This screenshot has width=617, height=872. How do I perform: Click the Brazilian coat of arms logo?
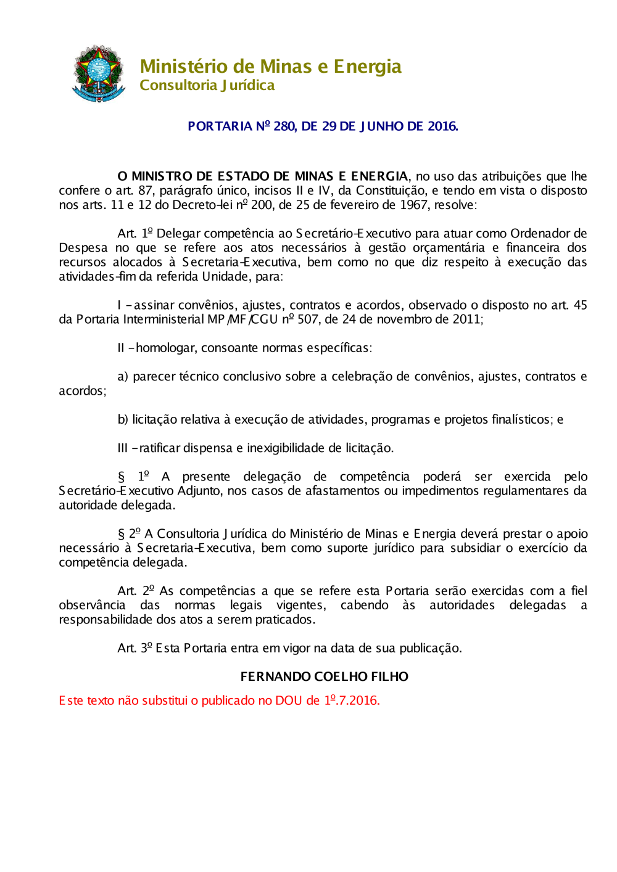pyautogui.click(x=99, y=73)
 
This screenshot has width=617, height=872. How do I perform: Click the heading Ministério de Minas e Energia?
pyautogui.click(x=270, y=66)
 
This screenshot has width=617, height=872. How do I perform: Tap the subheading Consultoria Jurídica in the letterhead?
pyautogui.click(x=207, y=85)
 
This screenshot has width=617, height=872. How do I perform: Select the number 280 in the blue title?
pyautogui.click(x=284, y=126)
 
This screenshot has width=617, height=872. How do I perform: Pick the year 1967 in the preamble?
pyautogui.click(x=413, y=205)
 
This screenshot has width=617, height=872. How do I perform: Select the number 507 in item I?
pyautogui.click(x=308, y=319)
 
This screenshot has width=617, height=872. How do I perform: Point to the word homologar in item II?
pyautogui.click(x=164, y=348)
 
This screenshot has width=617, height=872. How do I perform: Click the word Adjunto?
pyautogui.click(x=199, y=491)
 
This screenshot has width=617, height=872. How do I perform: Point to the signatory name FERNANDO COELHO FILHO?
pyautogui.click(x=325, y=677)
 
